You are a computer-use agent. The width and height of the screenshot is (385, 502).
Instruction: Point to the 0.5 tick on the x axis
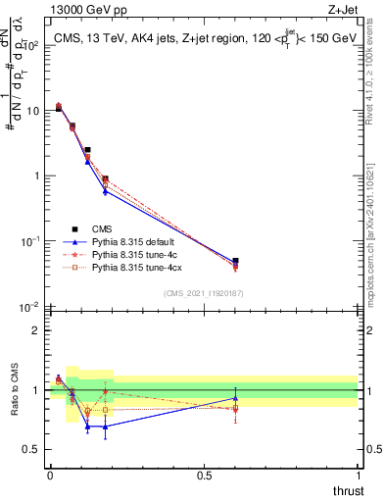(204, 476)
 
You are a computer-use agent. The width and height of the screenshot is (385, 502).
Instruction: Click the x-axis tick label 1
(359, 476)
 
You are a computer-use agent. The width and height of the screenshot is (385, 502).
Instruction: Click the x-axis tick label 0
(50, 476)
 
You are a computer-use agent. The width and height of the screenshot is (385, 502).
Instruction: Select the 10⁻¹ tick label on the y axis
(30, 241)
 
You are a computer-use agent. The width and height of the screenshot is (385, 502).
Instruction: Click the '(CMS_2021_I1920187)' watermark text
(204, 293)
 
